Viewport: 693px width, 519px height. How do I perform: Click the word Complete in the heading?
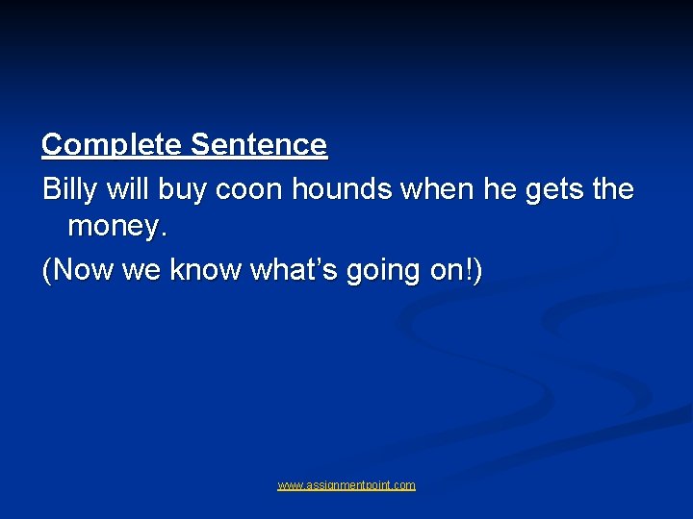(x=112, y=146)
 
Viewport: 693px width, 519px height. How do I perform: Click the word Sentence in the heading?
(x=259, y=146)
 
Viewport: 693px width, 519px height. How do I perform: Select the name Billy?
(x=69, y=190)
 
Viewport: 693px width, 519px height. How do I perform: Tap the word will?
(x=128, y=189)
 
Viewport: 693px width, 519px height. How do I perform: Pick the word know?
(x=206, y=271)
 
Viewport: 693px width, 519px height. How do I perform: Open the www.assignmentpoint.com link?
(x=346, y=485)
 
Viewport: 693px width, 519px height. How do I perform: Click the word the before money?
(x=613, y=189)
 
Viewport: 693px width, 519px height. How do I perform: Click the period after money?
(x=158, y=236)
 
